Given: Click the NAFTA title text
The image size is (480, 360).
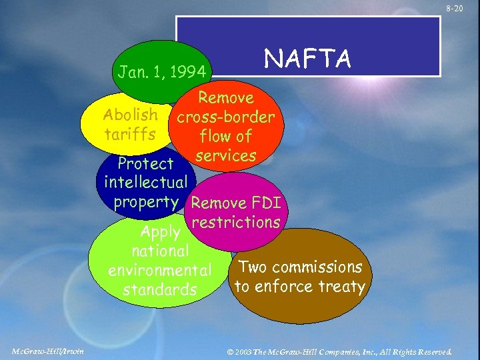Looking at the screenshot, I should point(307,59).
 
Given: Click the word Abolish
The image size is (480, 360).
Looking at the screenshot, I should point(131,114).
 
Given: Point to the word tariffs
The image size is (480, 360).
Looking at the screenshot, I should point(130,134).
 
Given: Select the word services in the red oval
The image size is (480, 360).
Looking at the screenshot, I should point(227,155).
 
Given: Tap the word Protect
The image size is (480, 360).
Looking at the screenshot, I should point(145,163).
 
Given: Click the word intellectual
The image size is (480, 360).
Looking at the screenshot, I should point(145,182).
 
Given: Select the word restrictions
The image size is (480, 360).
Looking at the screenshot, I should point(235,222).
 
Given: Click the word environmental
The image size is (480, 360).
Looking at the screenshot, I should point(159,271).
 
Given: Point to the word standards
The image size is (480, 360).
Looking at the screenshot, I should point(159,290).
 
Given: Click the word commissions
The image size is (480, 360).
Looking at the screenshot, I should point(316,267).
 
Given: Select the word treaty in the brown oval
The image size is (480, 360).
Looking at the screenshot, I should point(342,287).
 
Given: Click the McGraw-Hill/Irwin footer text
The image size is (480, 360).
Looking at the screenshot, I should point(47,351).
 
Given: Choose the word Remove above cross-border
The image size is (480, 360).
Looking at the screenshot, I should point(226,98).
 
